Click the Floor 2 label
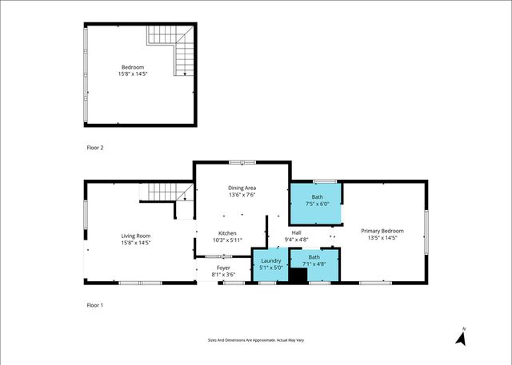95,148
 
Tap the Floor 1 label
95,305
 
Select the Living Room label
135,236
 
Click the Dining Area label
242,188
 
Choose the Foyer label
223,268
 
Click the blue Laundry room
270,264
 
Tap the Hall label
296,233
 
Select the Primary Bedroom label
382,231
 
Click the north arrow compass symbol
461,337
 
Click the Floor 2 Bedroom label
133,67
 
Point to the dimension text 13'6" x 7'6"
242,193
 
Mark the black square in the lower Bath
298,276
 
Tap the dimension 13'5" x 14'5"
382,237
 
